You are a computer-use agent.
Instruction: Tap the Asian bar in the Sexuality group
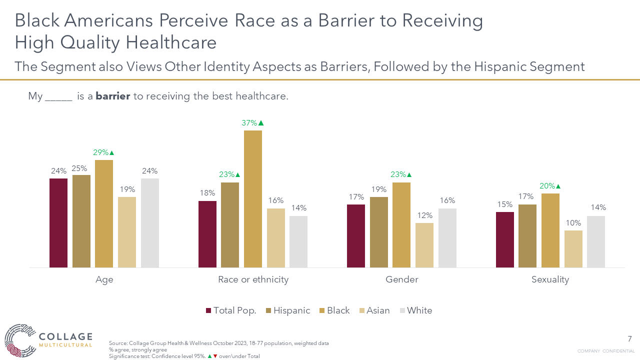pos(573,248)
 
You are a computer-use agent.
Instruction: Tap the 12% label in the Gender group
pos(424,215)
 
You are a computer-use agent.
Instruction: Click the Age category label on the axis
pos(104,279)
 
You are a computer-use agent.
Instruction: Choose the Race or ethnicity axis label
pos(253,279)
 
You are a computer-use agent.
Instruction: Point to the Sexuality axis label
pos(550,279)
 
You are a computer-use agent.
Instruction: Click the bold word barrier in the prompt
pos(113,96)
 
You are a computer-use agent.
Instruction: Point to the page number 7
pos(629,338)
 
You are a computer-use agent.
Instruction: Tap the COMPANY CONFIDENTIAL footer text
pos(606,351)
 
